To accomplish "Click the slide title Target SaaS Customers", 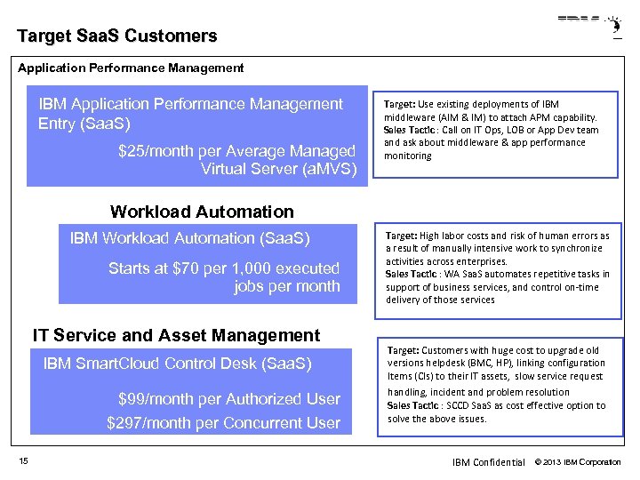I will [116, 36].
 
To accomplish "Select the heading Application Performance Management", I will [131, 68].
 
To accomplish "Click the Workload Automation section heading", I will [201, 212].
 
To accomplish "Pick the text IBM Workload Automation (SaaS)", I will [189, 238].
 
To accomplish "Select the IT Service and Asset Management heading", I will [176, 335].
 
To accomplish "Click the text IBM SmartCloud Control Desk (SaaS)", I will [177, 364].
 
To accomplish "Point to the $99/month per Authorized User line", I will [228, 399].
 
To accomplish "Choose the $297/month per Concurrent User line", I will [223, 423].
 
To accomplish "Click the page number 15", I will [23, 460].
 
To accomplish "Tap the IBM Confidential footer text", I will [488, 462].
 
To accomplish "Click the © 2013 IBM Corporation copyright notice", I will [578, 462].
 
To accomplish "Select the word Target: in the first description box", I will [400, 104].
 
